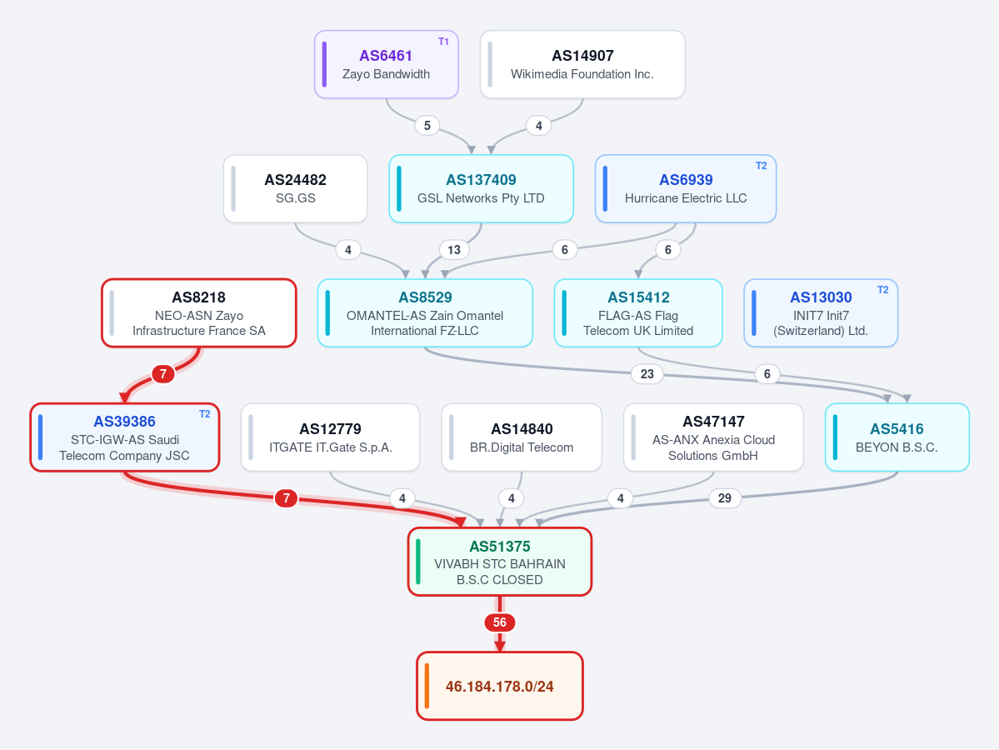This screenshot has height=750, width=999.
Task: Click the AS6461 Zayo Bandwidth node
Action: click(x=386, y=64)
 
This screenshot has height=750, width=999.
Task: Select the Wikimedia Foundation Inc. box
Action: click(x=582, y=64)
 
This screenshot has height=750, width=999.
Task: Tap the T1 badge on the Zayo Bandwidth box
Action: click(x=443, y=42)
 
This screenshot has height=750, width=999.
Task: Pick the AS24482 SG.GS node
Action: click(x=295, y=188)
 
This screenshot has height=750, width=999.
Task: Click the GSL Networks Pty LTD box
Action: click(x=481, y=188)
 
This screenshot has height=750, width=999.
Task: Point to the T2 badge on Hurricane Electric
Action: click(x=762, y=166)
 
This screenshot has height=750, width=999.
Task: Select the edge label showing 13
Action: click(x=453, y=250)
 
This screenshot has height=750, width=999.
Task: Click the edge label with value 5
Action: click(x=427, y=126)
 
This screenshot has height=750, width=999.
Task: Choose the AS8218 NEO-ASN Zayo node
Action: click(x=199, y=312)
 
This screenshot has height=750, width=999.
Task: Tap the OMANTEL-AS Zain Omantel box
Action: click(x=425, y=312)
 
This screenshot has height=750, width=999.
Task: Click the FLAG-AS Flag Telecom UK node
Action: click(x=638, y=312)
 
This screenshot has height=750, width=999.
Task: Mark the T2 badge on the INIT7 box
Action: click(x=882, y=290)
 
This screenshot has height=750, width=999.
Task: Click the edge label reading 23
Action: click(x=647, y=374)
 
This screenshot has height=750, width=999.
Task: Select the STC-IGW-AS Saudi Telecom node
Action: click(x=125, y=437)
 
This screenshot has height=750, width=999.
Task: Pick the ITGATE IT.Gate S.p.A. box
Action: click(x=330, y=437)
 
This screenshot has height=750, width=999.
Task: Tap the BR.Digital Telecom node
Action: click(x=522, y=437)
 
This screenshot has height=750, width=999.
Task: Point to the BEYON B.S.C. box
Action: click(x=897, y=437)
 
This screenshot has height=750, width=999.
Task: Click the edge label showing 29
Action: click(x=724, y=498)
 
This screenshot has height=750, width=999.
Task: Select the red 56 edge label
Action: click(x=500, y=622)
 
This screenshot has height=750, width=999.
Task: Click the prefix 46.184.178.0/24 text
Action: click(x=500, y=687)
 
